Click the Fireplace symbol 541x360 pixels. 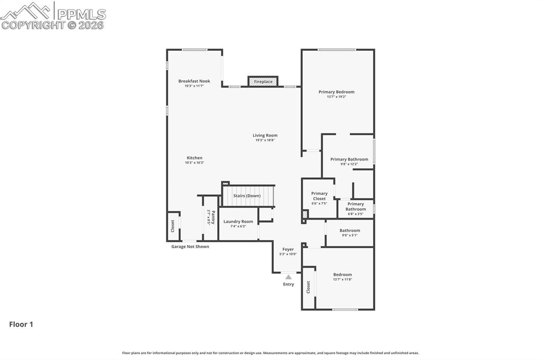coord(263,81)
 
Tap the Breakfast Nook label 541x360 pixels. coord(194,81)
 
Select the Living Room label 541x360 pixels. coord(265,135)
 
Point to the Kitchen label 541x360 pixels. coord(194,158)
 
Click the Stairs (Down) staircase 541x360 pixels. coord(248,196)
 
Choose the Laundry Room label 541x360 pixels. coord(238,222)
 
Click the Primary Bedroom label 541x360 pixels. coord(337,92)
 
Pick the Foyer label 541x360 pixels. coord(288,249)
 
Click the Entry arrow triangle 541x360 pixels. coord(288,277)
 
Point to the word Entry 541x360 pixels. coord(288,285)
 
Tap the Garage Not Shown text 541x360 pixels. coord(190,247)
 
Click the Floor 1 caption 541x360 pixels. coord(21,325)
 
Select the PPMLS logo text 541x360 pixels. coord(81,14)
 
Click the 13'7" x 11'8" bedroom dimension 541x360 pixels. coord(342,279)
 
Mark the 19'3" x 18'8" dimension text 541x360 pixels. coord(265,140)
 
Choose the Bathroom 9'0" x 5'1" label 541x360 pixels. coord(350,231)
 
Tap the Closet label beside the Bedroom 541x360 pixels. coord(309,287)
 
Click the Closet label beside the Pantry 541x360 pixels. coord(173,226)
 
